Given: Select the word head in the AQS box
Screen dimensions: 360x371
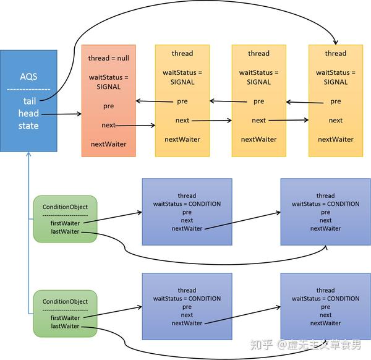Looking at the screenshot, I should pos(28,114).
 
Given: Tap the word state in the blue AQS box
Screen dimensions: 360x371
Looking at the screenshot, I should pos(28,126).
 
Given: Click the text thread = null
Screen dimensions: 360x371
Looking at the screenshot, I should pos(108,58).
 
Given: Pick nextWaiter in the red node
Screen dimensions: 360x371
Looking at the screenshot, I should pos(108,144).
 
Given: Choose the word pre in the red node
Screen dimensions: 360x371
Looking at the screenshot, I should pos(108,106).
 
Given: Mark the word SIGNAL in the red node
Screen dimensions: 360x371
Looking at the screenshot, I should pos(108,87).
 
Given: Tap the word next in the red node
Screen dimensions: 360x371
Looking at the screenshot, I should pos(108,126).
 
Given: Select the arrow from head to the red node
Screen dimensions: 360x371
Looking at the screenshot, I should pos(62,114).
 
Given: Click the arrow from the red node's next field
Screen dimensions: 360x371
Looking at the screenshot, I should pos(136,126).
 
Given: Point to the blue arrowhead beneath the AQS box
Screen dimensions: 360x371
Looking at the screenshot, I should pos(28,155).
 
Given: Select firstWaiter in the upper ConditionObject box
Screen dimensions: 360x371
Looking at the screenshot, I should pos(65,224).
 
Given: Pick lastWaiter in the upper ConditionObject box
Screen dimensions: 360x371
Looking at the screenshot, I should pos(65,232).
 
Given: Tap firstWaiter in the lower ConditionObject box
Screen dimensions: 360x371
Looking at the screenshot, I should pos(65,318).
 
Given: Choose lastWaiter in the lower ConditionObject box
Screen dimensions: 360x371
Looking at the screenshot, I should pos(65,326).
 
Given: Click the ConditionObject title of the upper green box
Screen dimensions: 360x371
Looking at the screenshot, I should pos(65,207).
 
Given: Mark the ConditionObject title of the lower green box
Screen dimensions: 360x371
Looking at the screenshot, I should pos(65,301).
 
